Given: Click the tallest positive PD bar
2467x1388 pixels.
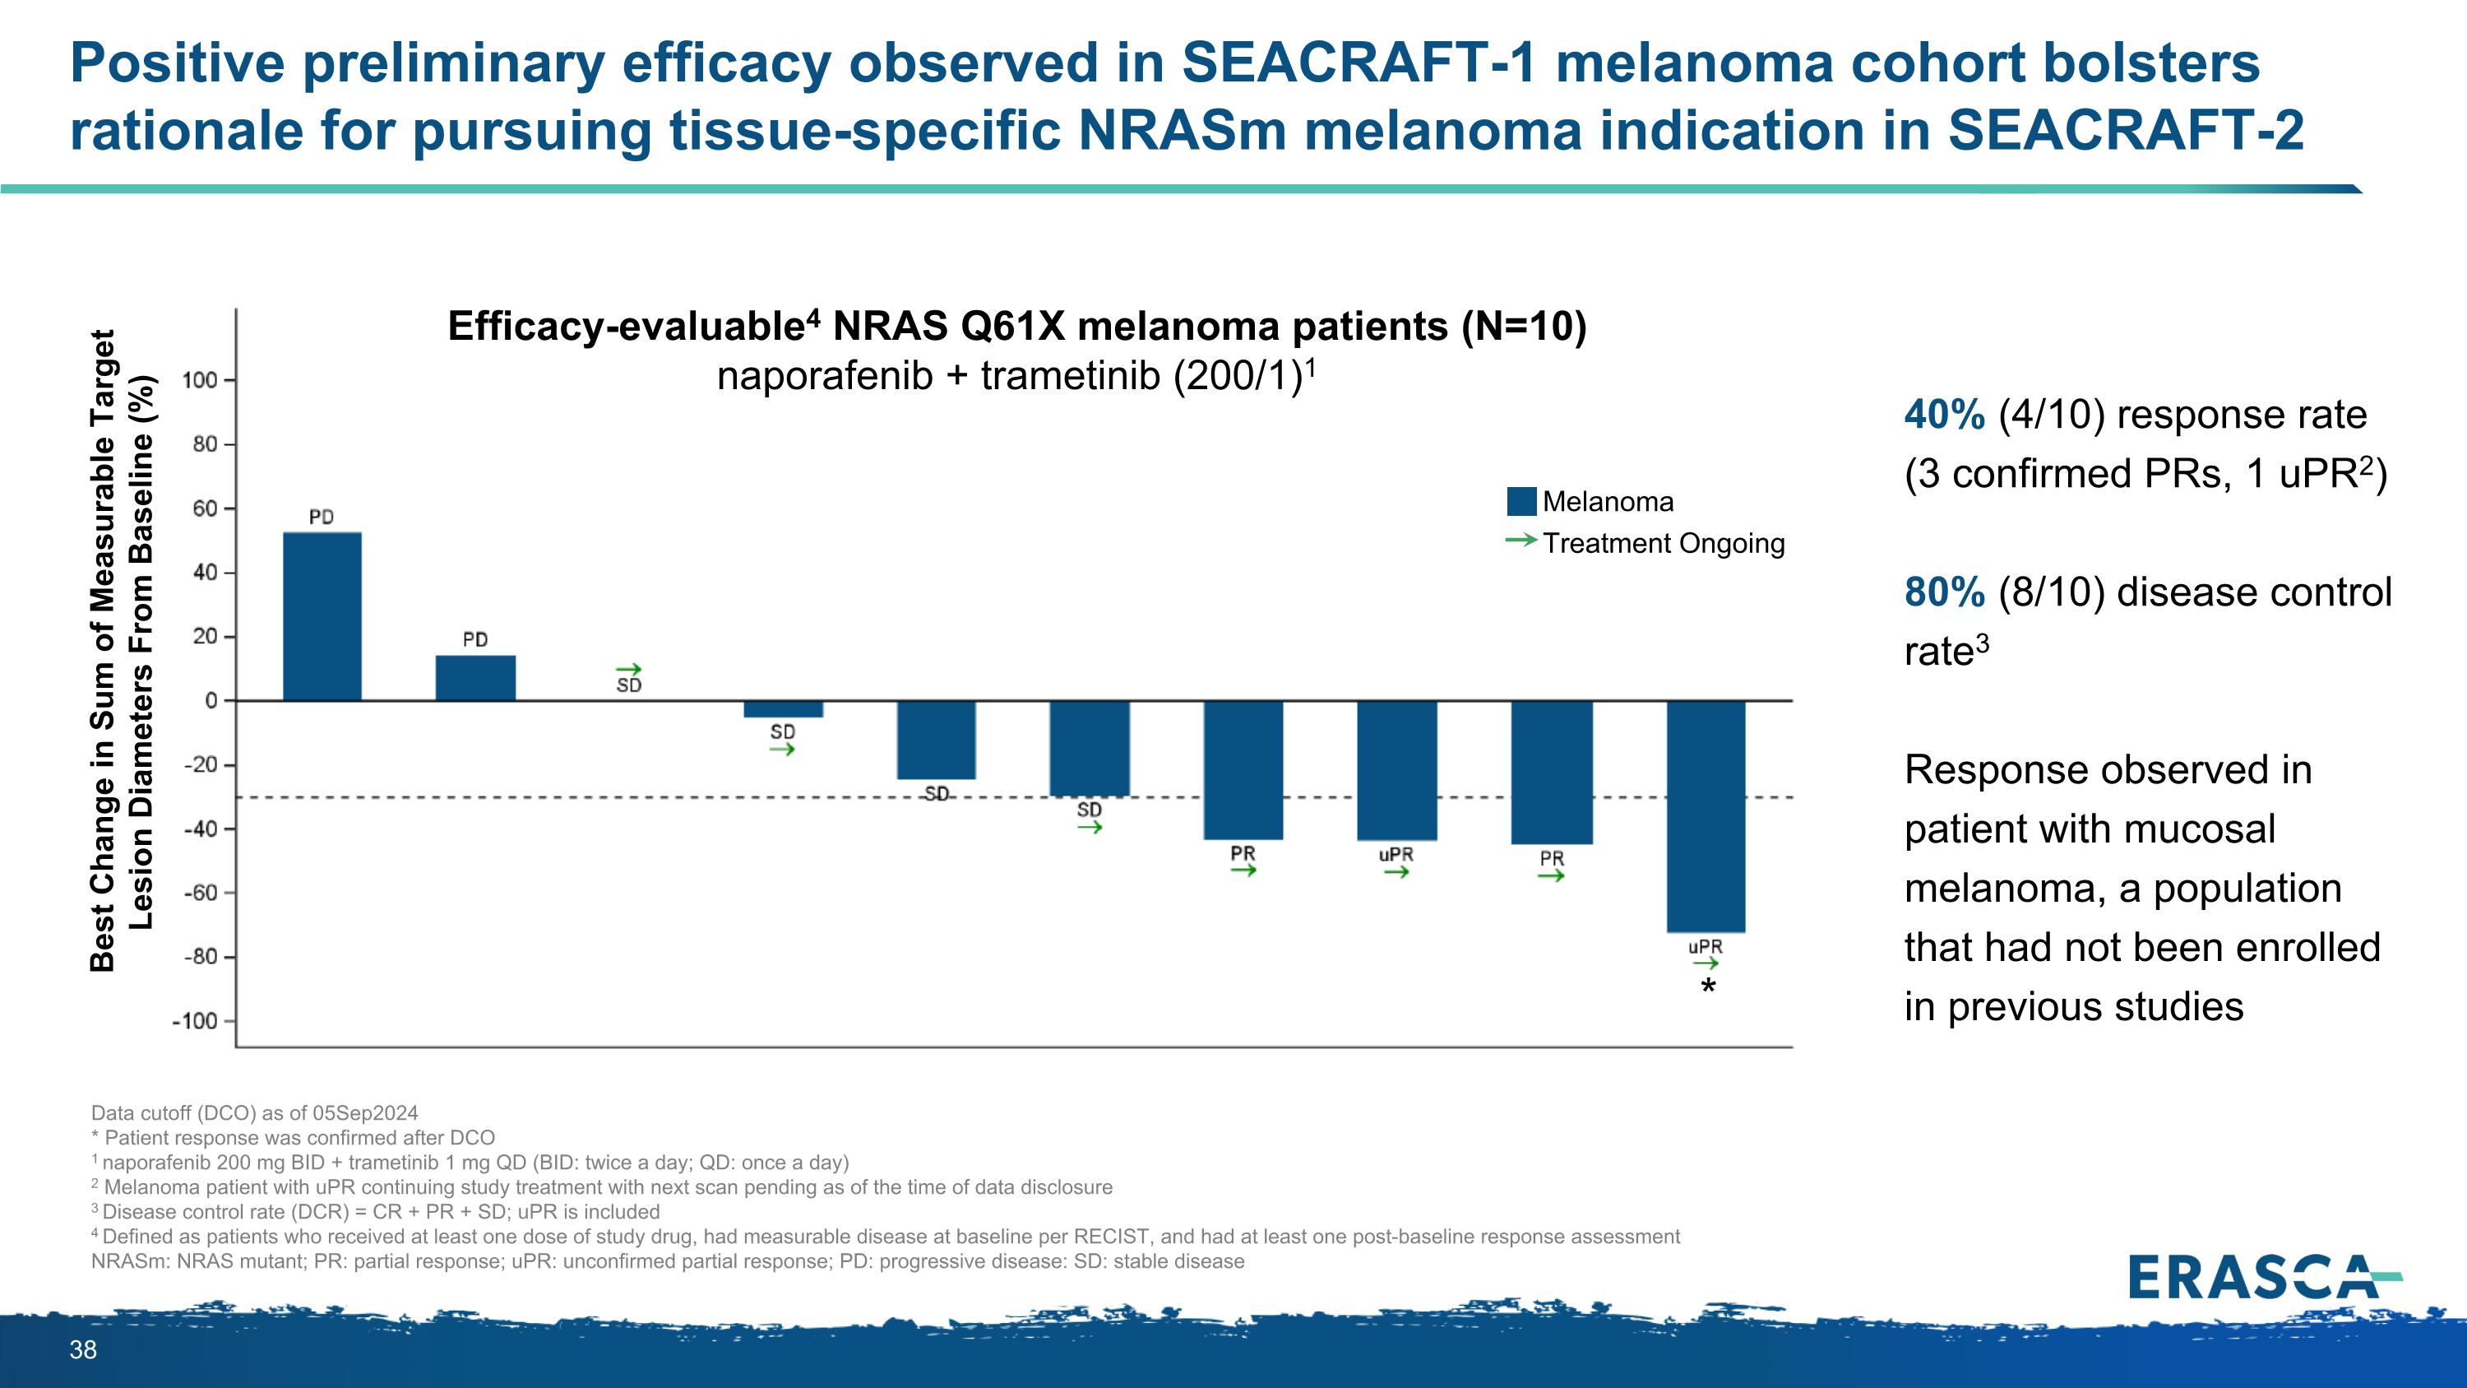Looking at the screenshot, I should click(322, 616).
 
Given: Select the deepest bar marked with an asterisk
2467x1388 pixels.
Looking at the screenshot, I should click(1706, 816).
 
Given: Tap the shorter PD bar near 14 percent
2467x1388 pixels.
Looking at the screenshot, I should click(475, 678).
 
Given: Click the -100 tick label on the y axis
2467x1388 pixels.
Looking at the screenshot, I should click(196, 1021).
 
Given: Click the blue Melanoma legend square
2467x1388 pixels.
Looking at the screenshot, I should click(1520, 501).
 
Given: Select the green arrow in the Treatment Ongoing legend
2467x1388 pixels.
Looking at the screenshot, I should click(1520, 541).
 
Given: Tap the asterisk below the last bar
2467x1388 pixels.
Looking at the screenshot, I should click(1707, 986).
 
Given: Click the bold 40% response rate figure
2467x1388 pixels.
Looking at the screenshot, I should click(1944, 415).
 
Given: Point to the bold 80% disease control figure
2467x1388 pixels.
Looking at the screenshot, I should click(1944, 592).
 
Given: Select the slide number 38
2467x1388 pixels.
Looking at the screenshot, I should click(83, 1349).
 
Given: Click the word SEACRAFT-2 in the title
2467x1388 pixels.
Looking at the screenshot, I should click(2126, 130).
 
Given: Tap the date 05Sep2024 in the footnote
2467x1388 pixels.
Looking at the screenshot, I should click(365, 1113).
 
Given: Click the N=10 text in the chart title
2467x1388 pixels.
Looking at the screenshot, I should click(1524, 327).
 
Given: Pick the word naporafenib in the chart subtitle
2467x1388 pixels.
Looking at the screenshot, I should click(825, 375).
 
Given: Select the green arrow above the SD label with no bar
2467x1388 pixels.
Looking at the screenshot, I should click(628, 670).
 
